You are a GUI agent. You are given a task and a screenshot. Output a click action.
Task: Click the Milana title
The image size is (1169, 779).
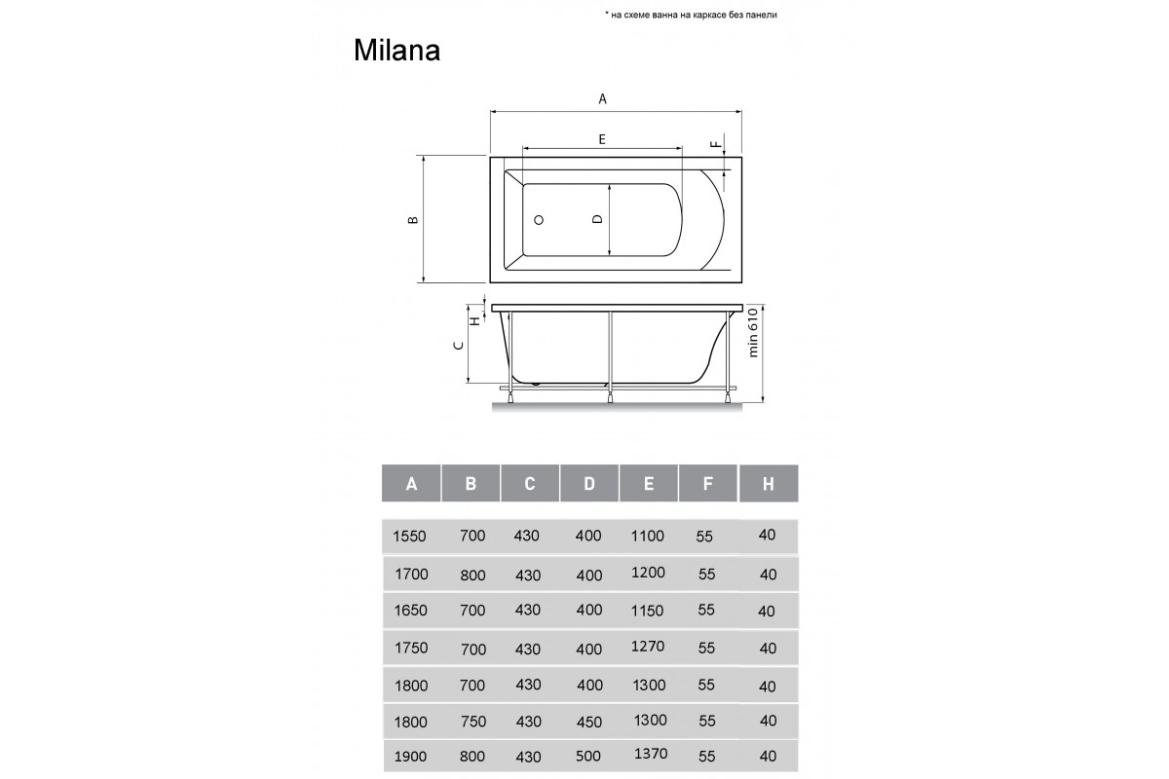[396, 51]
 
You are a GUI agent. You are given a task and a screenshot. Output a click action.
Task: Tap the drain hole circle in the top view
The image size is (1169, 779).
[539, 220]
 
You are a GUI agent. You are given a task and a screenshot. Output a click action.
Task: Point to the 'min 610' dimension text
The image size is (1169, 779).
[752, 332]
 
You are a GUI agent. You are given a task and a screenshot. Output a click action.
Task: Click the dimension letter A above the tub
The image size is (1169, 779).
[602, 98]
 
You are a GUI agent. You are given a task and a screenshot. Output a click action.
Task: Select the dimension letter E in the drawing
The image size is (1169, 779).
[602, 139]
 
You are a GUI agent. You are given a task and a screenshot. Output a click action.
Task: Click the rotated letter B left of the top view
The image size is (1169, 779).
[413, 220]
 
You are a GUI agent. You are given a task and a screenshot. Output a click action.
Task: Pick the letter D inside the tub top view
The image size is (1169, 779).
[597, 219]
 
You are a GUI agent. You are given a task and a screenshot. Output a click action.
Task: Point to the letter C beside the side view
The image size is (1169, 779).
[459, 345]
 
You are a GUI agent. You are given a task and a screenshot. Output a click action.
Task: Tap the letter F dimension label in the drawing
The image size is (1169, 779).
[716, 144]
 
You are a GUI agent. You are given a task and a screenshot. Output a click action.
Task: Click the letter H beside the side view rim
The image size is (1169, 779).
[475, 320]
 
